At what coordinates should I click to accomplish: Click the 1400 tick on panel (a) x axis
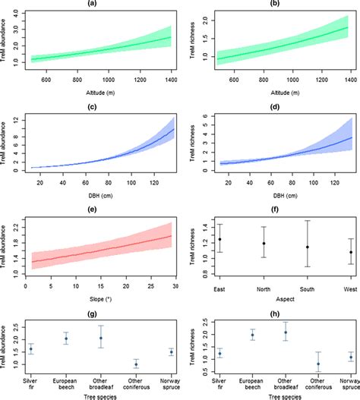click(171, 79)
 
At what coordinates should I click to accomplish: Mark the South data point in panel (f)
click(308, 247)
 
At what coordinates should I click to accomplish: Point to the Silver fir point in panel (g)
click(30, 348)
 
